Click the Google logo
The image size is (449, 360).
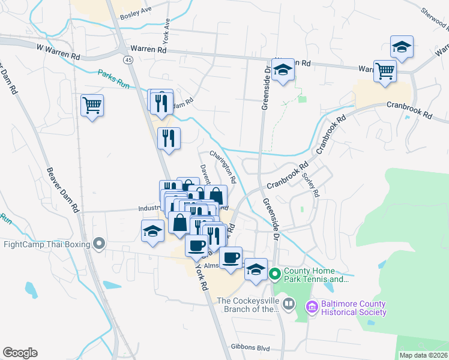pos(20,353)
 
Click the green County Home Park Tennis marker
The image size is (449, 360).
pos(275,275)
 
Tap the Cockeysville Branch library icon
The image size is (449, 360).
pos(289,304)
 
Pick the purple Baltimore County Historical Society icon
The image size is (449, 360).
pos(312,307)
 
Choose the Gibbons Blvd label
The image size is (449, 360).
pos(250,347)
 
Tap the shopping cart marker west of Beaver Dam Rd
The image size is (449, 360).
pos(92,106)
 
